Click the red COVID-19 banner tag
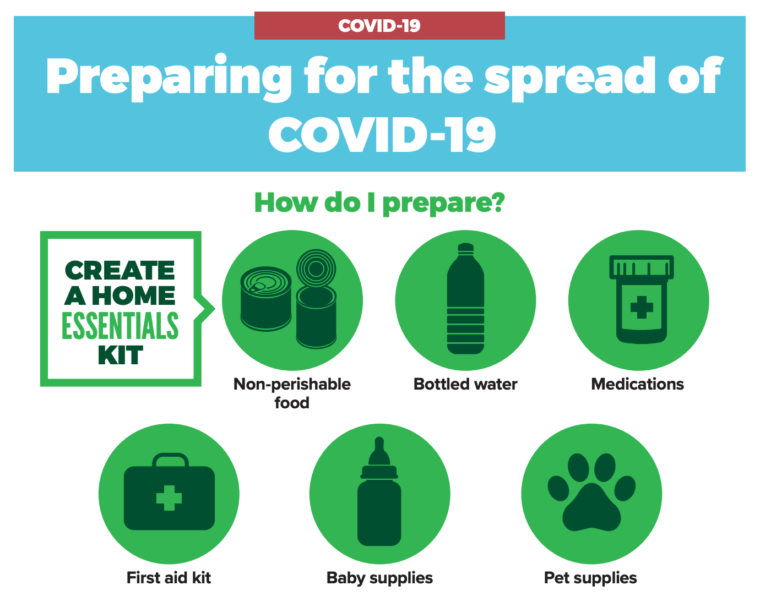click(379, 25)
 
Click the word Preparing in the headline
click(169, 78)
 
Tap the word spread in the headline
click(569, 78)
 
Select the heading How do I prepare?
click(379, 204)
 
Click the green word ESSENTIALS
click(121, 325)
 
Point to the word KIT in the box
click(121, 355)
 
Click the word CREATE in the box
click(120, 271)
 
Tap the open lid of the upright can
click(316, 269)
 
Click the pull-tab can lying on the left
click(266, 299)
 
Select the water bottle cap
click(465, 248)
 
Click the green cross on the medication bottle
click(642, 307)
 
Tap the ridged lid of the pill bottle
click(642, 267)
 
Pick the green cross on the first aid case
click(169, 498)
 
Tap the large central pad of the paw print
click(591, 508)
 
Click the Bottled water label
click(465, 384)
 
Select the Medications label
click(638, 384)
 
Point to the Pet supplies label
click(590, 578)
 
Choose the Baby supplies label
click(379, 578)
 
